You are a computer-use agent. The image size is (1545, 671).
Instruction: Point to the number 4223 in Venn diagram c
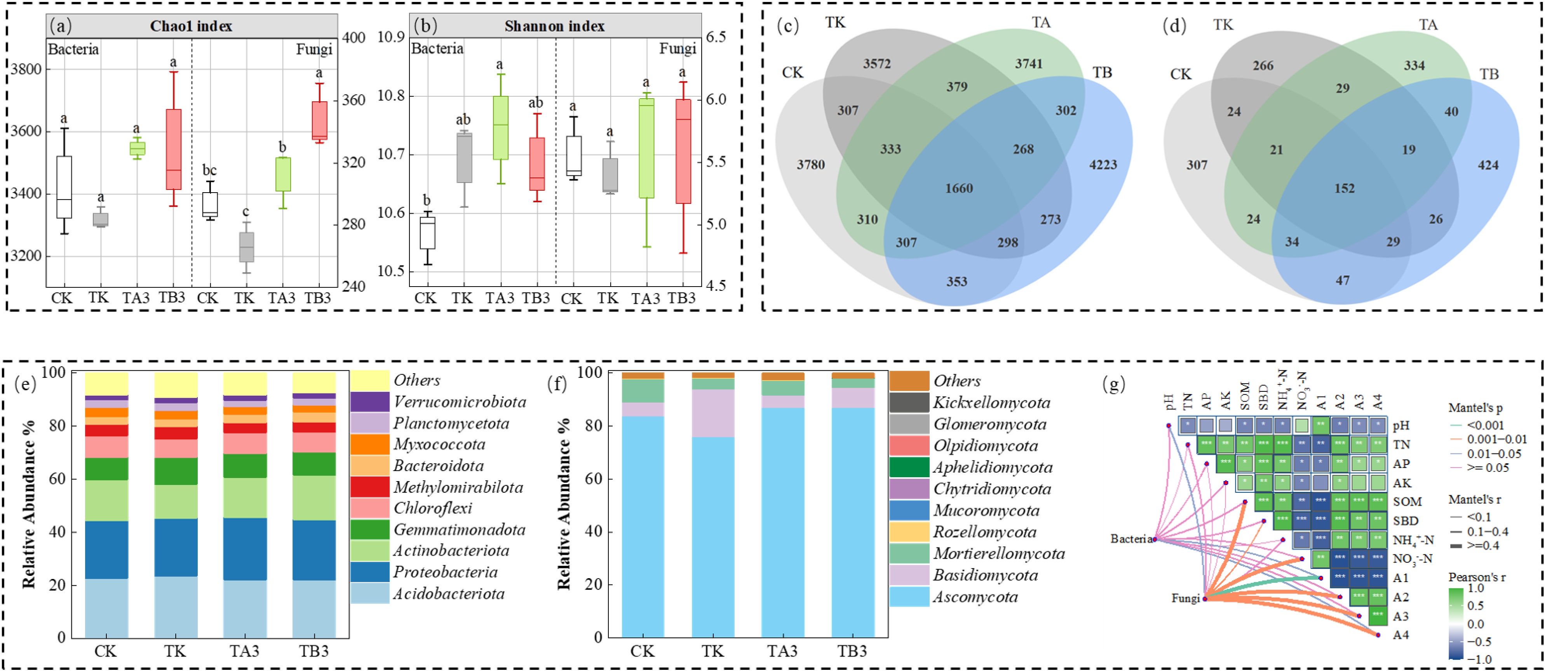pos(1103,164)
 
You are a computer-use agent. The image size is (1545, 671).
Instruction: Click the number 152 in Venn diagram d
pos(1344,188)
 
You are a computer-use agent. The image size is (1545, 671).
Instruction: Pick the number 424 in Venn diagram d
pos(1488,165)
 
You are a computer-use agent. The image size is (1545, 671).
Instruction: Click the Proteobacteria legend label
pos(445,572)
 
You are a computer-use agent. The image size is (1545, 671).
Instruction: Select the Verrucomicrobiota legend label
pos(460,402)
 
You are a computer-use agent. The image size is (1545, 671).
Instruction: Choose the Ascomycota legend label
pos(975,597)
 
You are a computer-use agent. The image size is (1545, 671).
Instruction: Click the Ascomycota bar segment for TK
pos(712,537)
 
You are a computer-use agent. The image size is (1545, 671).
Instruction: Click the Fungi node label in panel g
pos(1186,598)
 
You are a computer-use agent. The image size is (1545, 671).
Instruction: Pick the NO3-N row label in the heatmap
pos(1413,559)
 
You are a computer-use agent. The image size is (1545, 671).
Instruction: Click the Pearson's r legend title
pos(1477,577)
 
